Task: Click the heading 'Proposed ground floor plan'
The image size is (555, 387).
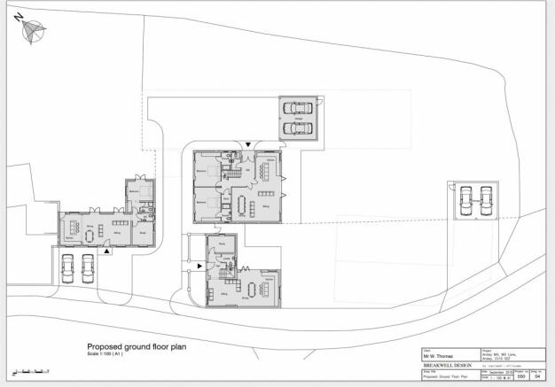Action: click(136, 347)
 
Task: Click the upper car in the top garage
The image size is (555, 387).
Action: click(298, 109)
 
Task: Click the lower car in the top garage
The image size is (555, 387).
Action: click(298, 128)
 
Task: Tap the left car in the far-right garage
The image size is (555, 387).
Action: click(464, 202)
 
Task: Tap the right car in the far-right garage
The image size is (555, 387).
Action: click(484, 202)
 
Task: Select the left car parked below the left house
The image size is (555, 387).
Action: click(67, 267)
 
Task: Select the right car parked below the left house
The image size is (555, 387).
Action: click(88, 267)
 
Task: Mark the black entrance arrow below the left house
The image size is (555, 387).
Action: click(108, 252)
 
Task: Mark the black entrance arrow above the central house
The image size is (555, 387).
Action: click(249, 143)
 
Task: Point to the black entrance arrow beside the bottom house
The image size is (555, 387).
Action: click(200, 265)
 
